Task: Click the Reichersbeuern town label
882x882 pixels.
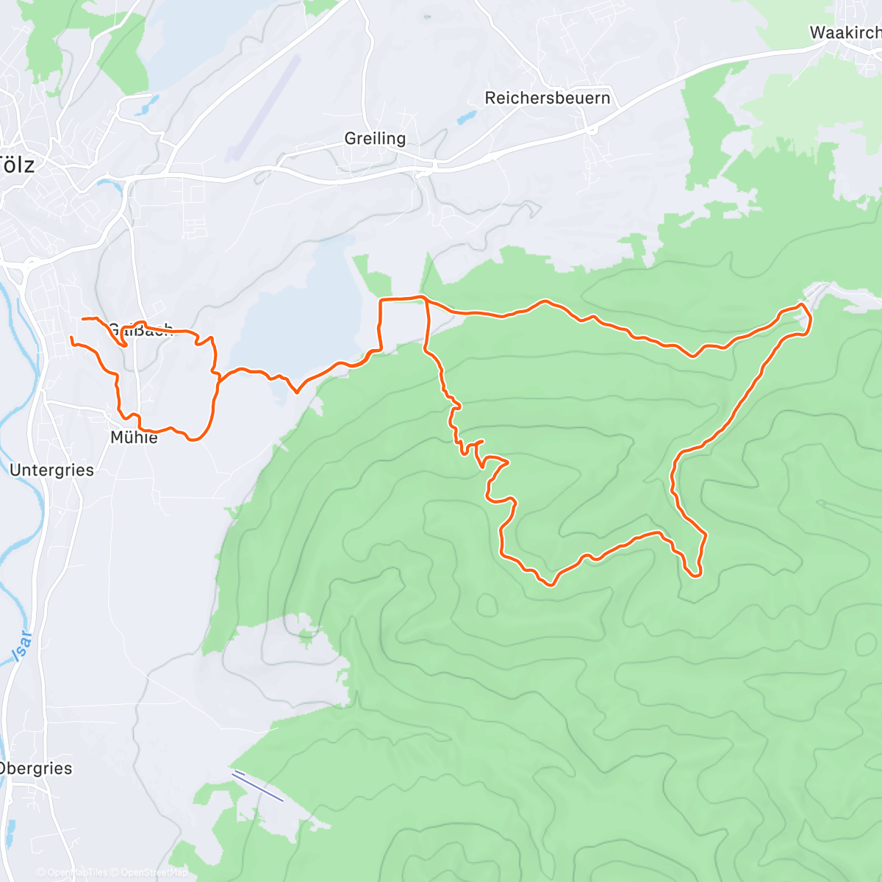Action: pos(548,98)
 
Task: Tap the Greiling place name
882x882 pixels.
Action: pos(375,138)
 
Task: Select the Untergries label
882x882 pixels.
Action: pos(51,470)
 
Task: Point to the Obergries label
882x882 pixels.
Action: pos(36,769)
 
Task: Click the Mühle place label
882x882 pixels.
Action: pos(134,438)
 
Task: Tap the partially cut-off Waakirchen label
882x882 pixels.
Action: pos(845,32)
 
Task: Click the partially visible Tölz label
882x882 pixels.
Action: pos(18,165)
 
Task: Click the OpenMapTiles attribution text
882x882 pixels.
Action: pos(72,872)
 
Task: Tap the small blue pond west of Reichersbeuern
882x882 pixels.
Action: pos(466,117)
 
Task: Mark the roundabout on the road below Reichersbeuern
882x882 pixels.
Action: pos(592,130)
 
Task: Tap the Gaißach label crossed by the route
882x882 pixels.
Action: pos(140,330)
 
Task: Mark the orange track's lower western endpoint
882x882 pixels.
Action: pos(71,337)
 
